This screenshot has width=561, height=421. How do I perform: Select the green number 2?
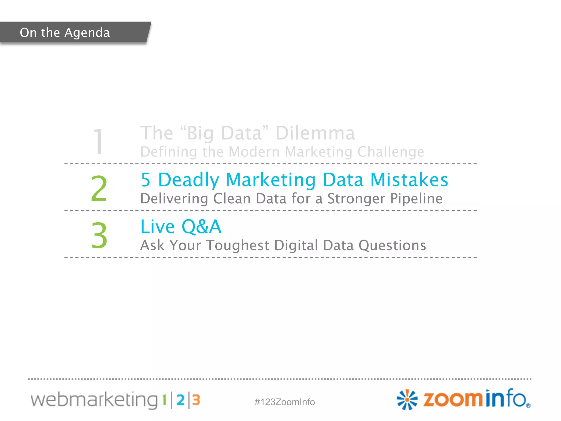[99, 189]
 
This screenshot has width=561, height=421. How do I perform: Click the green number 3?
[99, 235]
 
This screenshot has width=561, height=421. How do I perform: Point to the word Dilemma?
[315, 133]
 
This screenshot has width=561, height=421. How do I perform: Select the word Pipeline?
[416, 199]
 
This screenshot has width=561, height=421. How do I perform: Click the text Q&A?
[201, 227]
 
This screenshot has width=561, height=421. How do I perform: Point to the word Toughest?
[237, 246]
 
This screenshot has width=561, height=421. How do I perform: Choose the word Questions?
[392, 246]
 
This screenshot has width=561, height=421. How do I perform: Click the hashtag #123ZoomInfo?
[285, 402]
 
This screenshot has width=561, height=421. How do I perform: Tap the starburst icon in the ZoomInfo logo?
[407, 400]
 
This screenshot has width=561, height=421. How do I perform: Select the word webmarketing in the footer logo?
[94, 400]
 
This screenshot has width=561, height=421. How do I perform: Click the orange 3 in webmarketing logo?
[196, 400]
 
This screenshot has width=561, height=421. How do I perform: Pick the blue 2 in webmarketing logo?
[181, 400]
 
